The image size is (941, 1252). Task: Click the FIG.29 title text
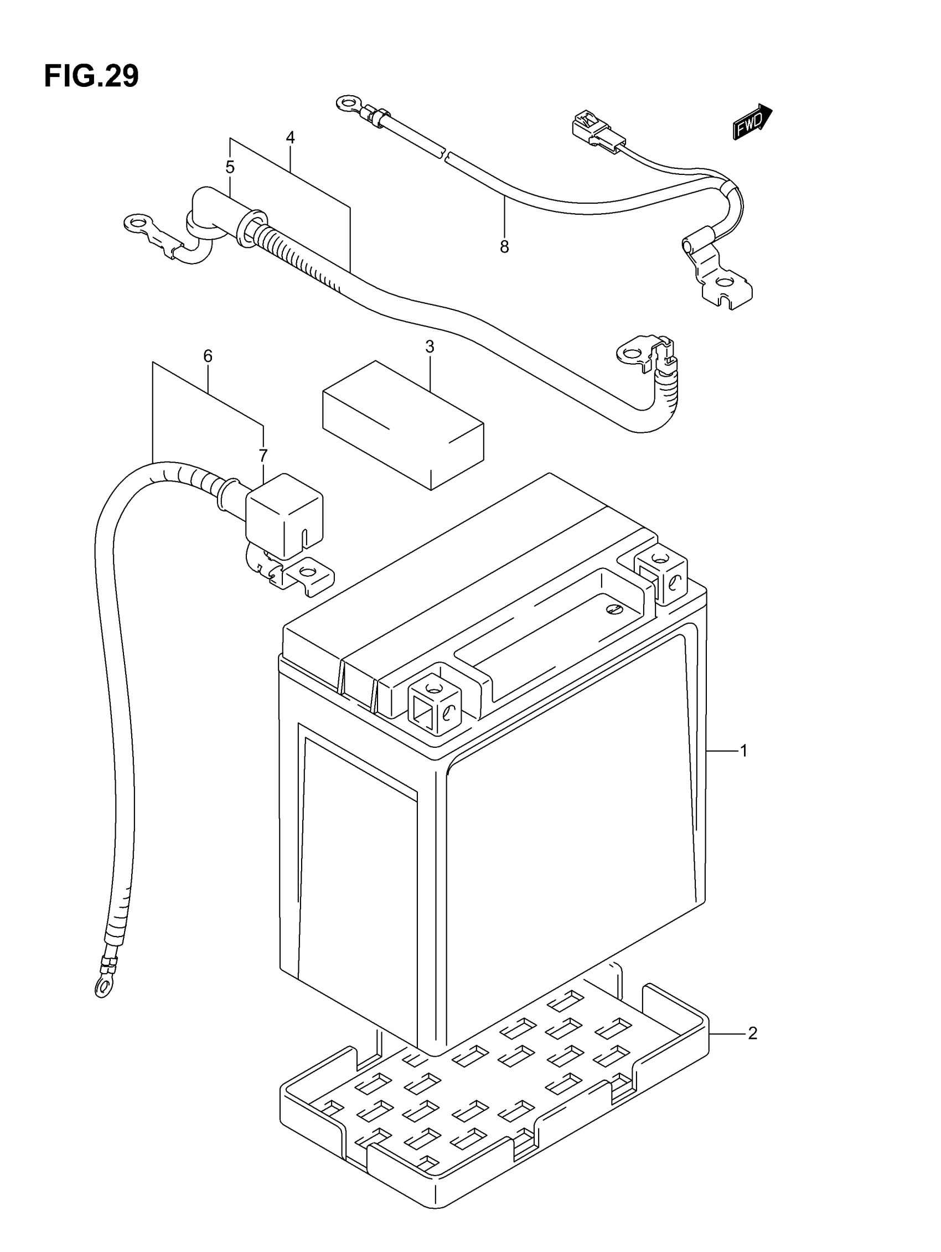[91, 76]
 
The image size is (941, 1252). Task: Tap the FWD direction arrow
[752, 122]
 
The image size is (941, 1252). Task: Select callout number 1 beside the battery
[744, 751]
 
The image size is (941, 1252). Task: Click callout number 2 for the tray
[752, 1033]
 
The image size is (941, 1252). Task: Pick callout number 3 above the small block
[430, 347]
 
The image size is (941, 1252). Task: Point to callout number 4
[291, 137]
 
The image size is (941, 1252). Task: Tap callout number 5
[230, 167]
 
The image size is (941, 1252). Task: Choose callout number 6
[208, 356]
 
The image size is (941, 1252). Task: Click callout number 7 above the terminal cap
[263, 456]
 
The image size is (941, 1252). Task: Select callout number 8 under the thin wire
[504, 247]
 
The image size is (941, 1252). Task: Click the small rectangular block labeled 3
[402, 425]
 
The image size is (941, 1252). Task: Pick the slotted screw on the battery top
[614, 609]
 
